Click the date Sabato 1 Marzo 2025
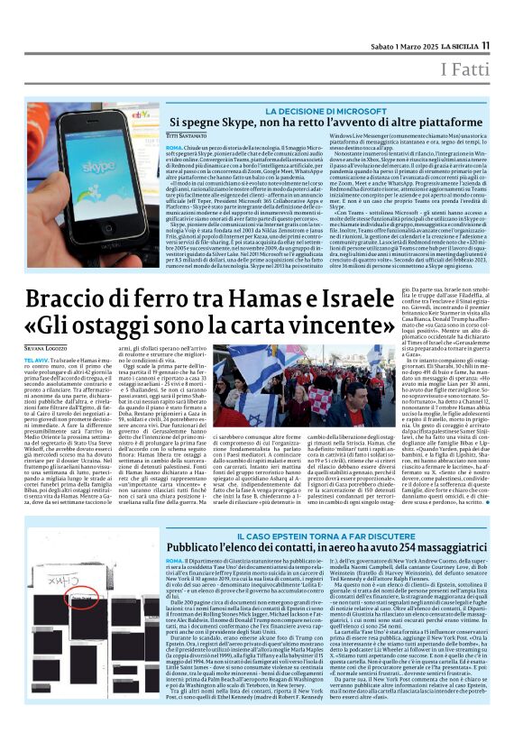pyautogui.click(x=395, y=46)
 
